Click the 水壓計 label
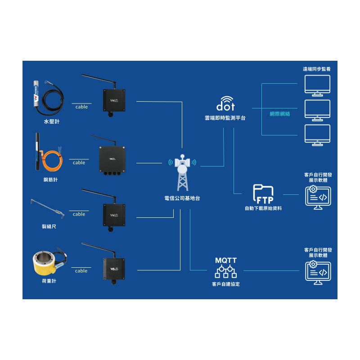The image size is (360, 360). [x=52, y=121]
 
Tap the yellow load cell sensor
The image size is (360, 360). [x=45, y=263]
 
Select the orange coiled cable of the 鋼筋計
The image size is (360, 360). [x=52, y=161]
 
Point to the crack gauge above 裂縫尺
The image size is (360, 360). [x=48, y=208]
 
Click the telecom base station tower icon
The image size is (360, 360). [x=183, y=173]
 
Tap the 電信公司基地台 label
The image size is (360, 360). [x=182, y=198]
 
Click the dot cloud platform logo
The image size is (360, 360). [x=225, y=103]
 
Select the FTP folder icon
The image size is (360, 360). [x=263, y=194]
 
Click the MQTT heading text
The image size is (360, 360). [x=226, y=261]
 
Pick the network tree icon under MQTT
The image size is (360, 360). [x=226, y=272]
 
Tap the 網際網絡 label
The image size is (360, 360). [x=279, y=114]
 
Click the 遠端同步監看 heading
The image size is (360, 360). [x=317, y=69]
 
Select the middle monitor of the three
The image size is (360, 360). [x=317, y=110]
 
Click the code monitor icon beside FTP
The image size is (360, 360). [x=318, y=198]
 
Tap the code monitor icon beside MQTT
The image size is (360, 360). [x=318, y=273]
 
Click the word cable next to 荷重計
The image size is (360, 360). [x=81, y=271]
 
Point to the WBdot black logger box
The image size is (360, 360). [x=114, y=269]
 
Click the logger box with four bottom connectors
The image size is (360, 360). [x=112, y=160]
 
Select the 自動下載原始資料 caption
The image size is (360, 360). [x=263, y=208]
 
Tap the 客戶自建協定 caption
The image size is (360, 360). [x=226, y=284]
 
